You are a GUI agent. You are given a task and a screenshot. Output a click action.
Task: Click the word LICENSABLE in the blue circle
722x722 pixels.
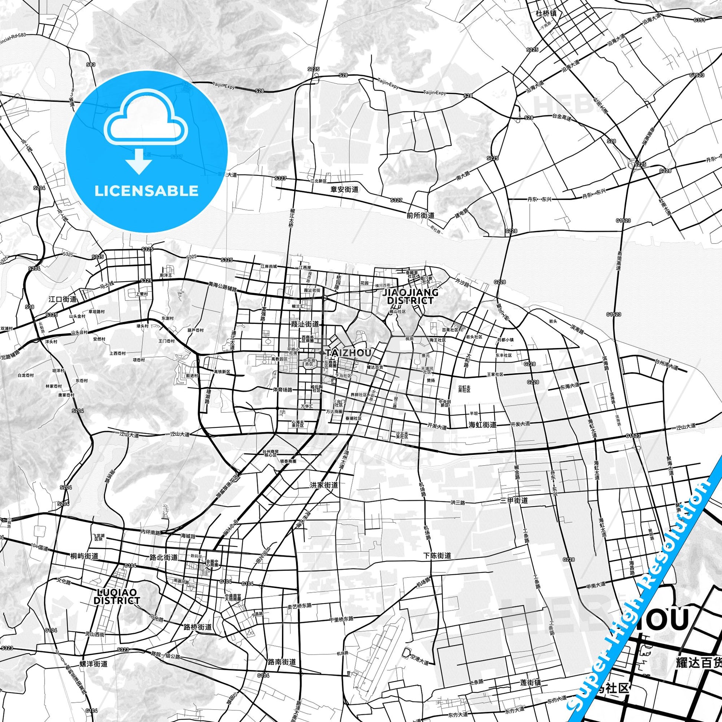tap(147, 191)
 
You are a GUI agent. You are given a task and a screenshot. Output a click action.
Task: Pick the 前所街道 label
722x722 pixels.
tap(420, 216)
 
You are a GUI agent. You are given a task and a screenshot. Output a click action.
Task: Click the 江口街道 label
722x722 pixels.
tap(63, 299)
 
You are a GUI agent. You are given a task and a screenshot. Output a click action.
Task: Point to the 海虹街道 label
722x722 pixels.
tap(482, 424)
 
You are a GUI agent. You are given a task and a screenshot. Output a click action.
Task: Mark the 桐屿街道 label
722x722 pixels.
tap(84, 556)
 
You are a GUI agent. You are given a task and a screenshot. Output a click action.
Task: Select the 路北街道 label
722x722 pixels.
tap(163, 557)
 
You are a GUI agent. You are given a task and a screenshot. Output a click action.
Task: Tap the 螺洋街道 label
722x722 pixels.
tap(94, 664)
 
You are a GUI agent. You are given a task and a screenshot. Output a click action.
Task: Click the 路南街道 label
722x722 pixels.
tap(282, 662)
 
